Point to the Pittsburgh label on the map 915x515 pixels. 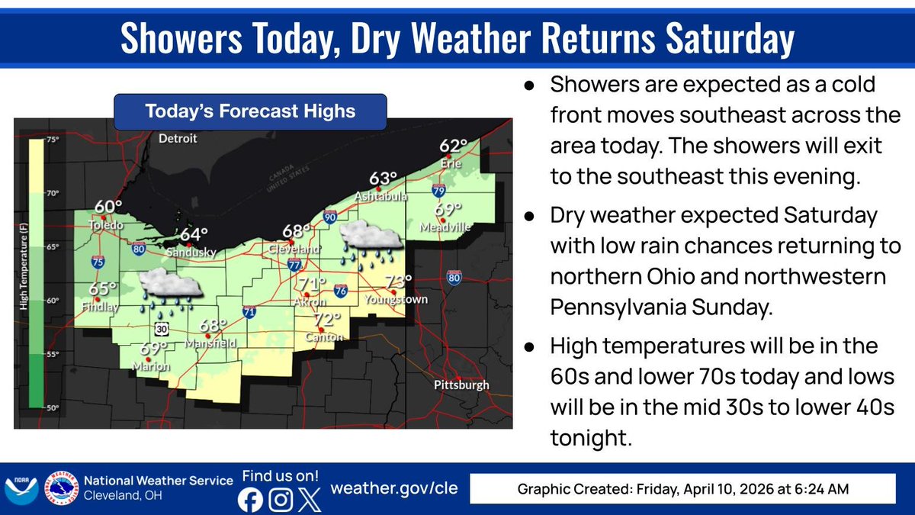[x=461, y=385]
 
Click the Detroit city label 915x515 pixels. [x=178, y=139]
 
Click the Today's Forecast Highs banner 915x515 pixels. [x=250, y=111]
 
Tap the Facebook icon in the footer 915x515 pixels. [x=250, y=500]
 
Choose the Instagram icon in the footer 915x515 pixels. [x=281, y=500]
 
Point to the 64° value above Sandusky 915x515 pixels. [x=194, y=235]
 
